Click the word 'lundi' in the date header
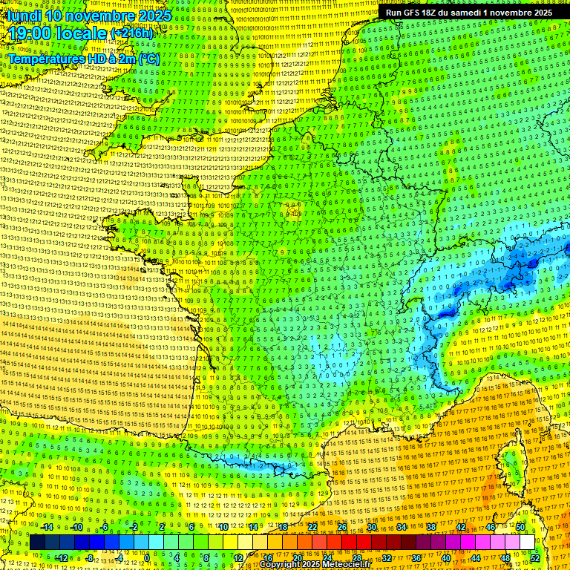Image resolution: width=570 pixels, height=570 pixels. coord(25,16)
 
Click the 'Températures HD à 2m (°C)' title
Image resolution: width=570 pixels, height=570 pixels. coord(84,59)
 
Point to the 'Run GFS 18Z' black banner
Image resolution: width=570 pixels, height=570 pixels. coord(468,13)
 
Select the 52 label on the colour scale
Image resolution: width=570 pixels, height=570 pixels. coord(535,557)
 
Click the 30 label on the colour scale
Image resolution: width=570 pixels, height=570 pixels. coord(372,527)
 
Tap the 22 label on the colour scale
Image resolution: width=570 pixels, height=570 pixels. coord(312,527)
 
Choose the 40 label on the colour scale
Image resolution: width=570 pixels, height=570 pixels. coord(446,557)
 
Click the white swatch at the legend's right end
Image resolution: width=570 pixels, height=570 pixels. coord(527,543)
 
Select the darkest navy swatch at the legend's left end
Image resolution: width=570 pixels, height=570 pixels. coord(37,543)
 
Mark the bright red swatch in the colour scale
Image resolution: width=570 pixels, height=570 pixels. coord(349,543)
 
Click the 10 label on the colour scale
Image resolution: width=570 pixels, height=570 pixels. coord(223,527)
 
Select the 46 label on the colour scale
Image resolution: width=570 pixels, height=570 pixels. coord(491,527)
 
